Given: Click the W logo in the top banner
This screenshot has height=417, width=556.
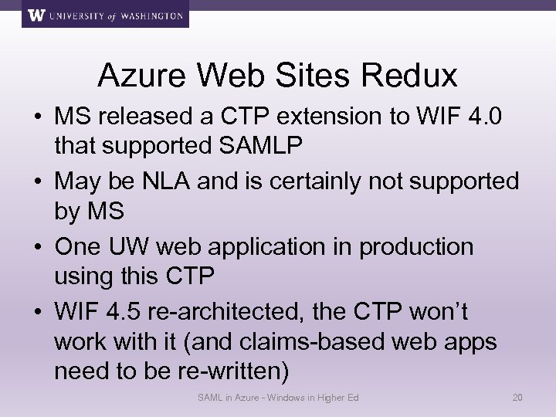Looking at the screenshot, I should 35,15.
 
